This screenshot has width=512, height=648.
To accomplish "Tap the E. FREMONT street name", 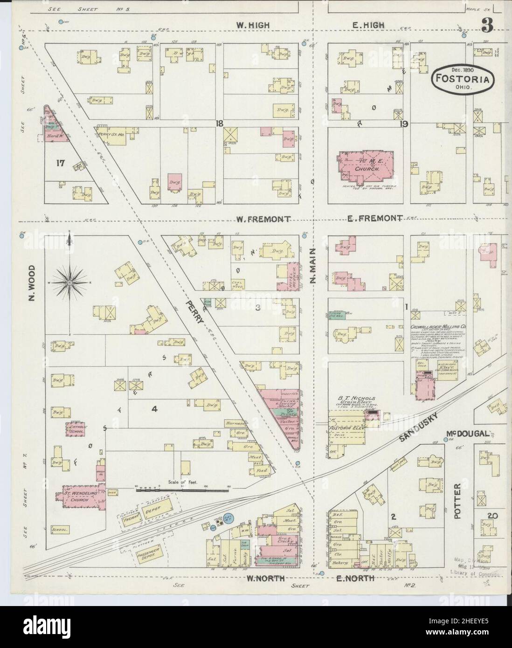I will click(374, 218).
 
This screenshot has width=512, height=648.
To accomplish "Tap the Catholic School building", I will click(75, 429).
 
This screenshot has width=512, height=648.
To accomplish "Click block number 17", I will click(59, 163).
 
